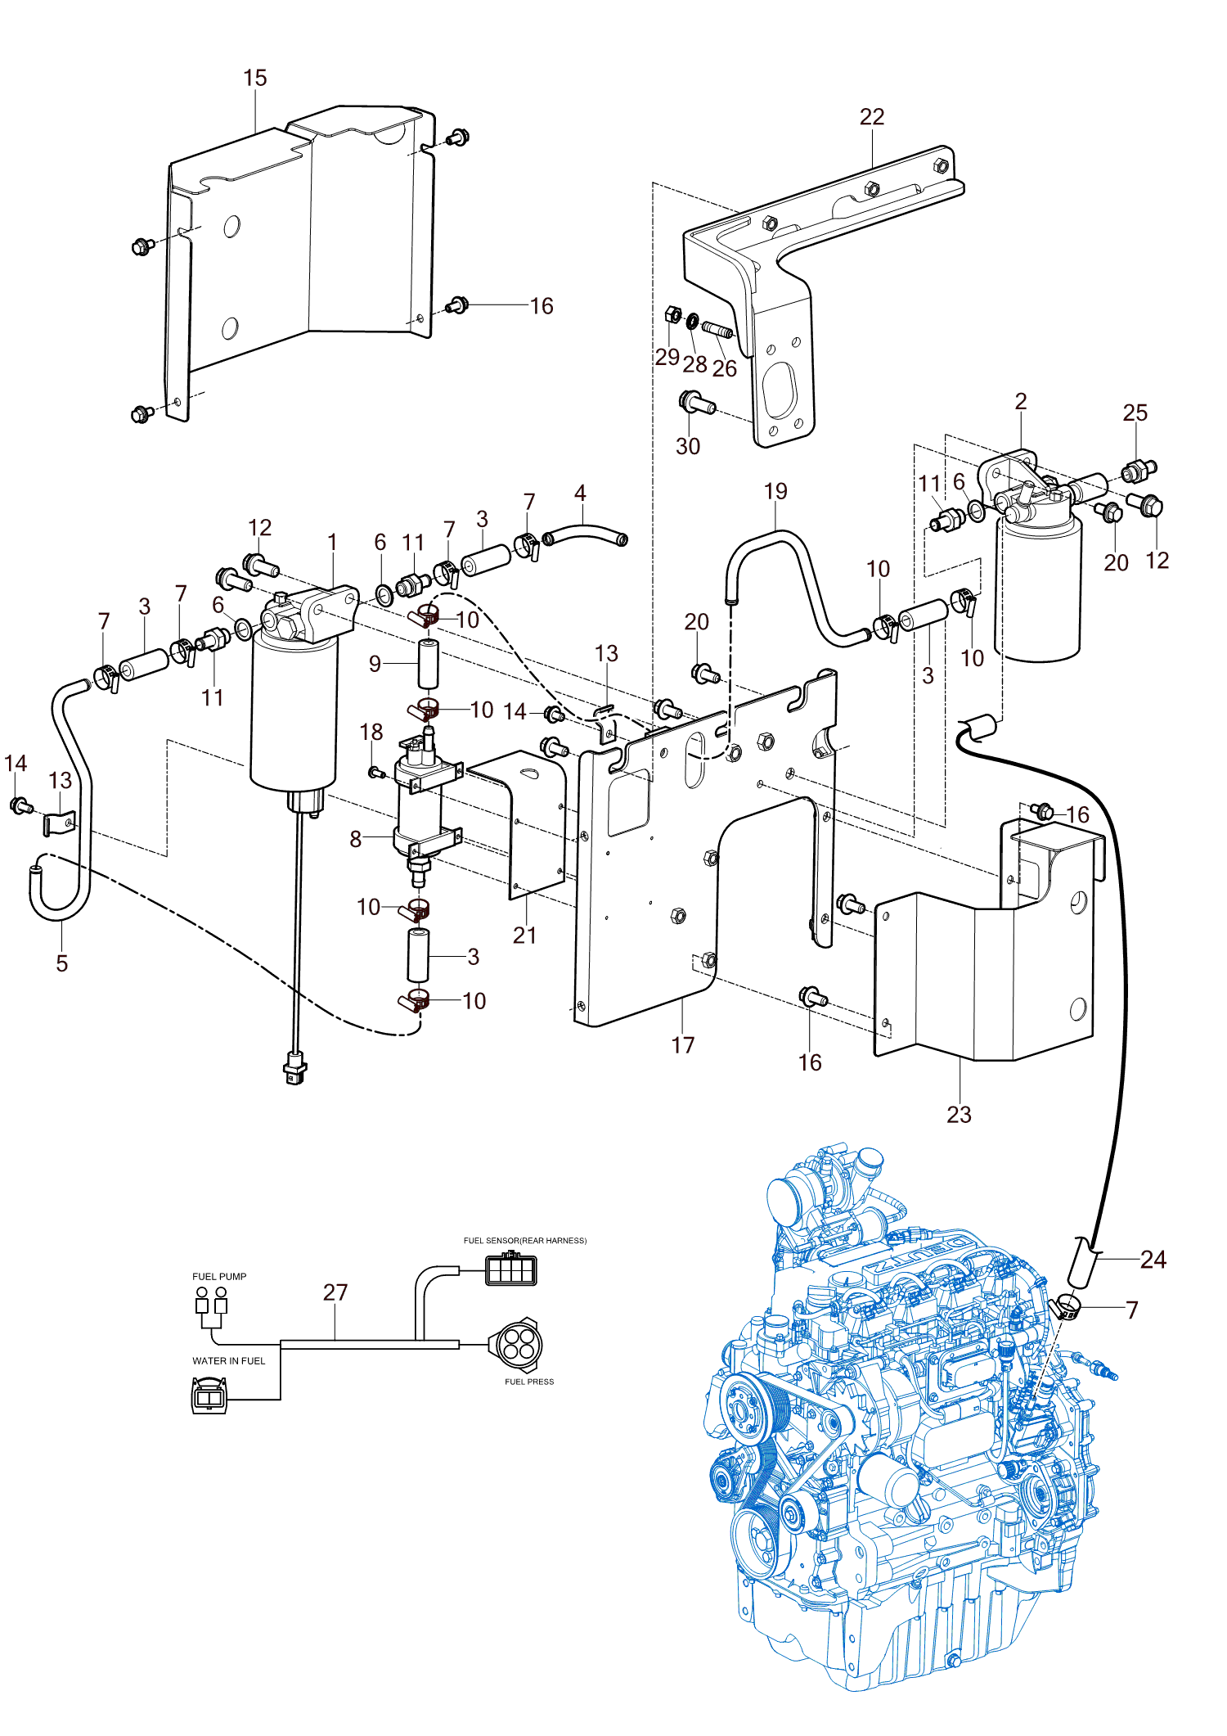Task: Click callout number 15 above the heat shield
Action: click(255, 78)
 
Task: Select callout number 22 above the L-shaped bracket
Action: click(872, 117)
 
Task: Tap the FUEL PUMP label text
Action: click(219, 1276)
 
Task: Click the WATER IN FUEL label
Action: click(229, 1361)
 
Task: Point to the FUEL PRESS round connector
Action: click(516, 1342)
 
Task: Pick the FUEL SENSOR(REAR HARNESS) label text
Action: click(525, 1240)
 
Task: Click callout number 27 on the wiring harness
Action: click(335, 1292)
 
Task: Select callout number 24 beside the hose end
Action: click(1153, 1259)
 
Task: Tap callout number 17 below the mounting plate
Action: click(683, 1045)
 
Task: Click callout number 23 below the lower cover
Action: click(959, 1114)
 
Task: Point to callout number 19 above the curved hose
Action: click(775, 491)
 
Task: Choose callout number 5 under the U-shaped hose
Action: click(62, 963)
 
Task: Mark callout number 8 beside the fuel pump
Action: click(356, 839)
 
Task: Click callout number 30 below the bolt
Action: click(688, 446)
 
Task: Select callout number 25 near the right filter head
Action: click(1135, 413)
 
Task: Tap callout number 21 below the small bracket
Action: click(524, 936)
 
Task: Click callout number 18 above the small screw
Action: click(371, 732)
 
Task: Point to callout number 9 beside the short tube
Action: click(375, 663)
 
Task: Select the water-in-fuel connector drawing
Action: click(209, 1396)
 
